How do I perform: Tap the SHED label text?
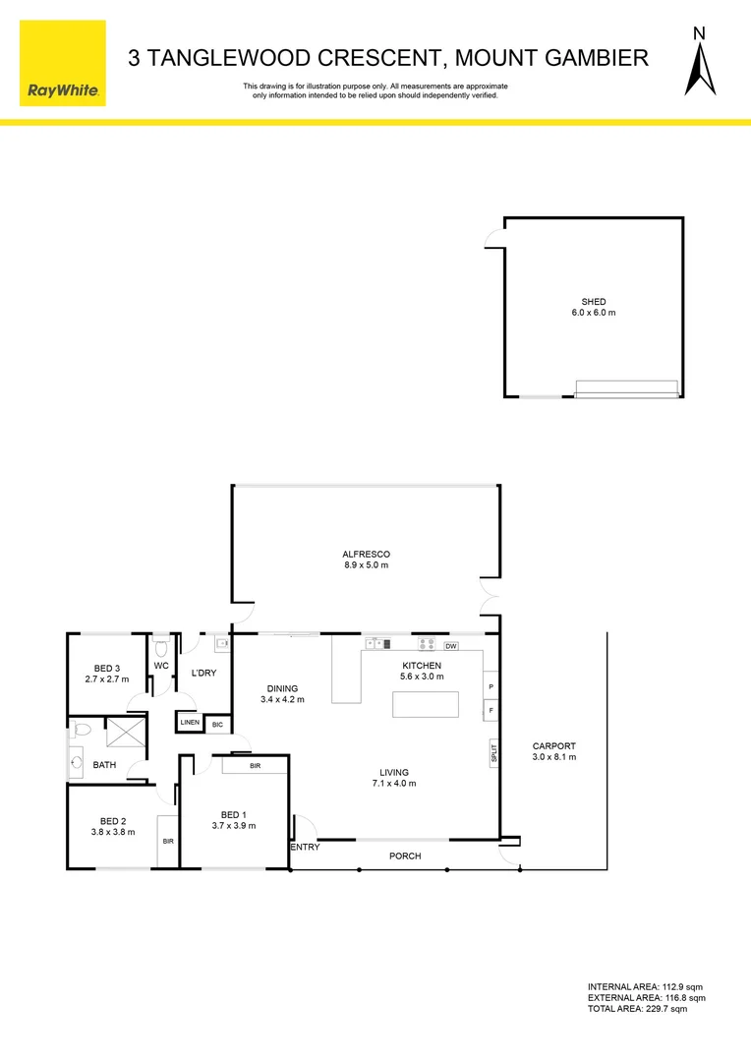tap(593, 302)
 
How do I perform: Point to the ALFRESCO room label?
tap(366, 555)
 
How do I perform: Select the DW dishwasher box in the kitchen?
tap(451, 646)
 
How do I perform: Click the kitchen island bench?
tap(426, 705)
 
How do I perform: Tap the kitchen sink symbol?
tap(378, 645)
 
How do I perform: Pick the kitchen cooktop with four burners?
tap(427, 645)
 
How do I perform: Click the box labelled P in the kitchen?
tap(491, 686)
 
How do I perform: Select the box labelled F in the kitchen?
tap(491, 710)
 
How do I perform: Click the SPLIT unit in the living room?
tap(493, 752)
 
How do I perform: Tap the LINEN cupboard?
tap(190, 723)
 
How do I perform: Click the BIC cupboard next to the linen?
tap(217, 723)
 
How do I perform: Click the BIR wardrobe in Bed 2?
tap(168, 841)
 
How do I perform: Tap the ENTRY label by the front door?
tap(305, 847)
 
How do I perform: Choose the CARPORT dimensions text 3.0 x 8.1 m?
tap(553, 757)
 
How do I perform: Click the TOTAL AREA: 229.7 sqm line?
tap(637, 1009)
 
